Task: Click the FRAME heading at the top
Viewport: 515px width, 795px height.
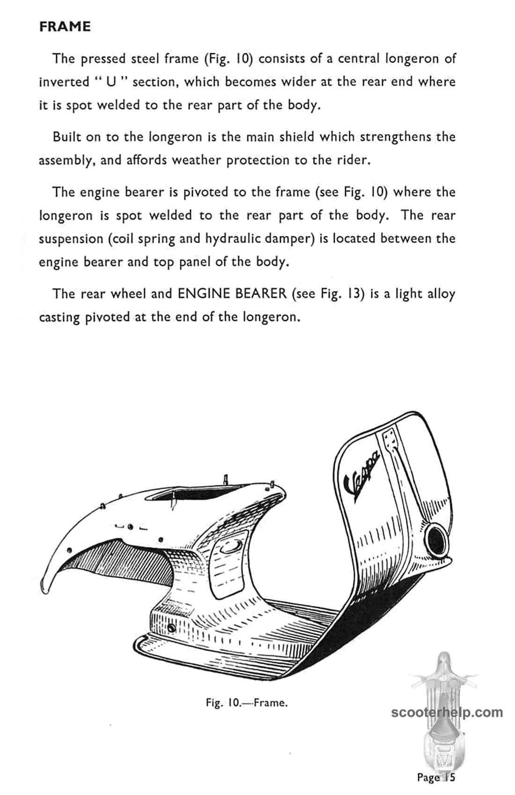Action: click(65, 27)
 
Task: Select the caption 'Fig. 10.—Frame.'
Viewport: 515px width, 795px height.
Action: click(247, 703)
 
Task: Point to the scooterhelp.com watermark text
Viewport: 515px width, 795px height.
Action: click(447, 713)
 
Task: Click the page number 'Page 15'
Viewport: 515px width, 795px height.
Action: click(436, 777)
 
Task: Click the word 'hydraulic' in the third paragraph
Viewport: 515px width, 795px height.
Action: click(229, 238)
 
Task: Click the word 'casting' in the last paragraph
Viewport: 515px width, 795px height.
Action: click(59, 317)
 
